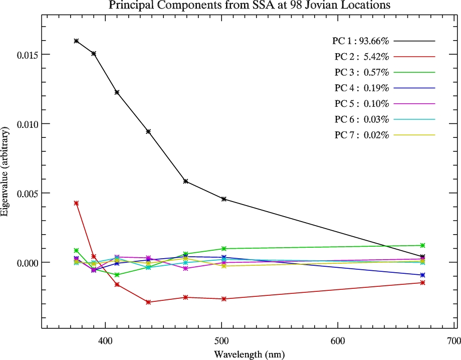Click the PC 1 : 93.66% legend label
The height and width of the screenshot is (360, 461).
tap(361, 41)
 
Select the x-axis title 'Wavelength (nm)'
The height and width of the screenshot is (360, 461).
tap(250, 354)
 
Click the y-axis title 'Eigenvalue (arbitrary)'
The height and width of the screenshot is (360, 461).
tap(5, 172)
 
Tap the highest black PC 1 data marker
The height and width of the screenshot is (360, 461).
tap(76, 41)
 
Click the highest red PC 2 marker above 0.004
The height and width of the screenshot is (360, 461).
tap(76, 203)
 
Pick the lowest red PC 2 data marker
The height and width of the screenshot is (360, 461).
tap(148, 302)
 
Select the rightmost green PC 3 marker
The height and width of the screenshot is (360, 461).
tap(422, 245)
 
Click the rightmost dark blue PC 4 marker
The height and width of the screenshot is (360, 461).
tap(422, 275)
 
